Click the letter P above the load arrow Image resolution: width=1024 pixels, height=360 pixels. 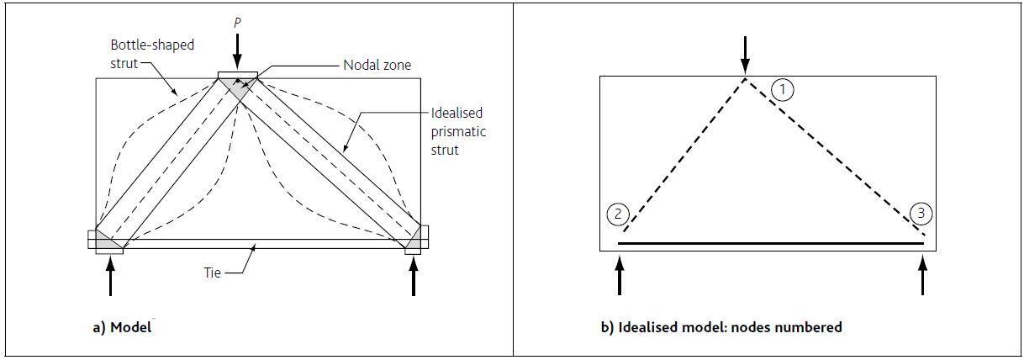click(237, 23)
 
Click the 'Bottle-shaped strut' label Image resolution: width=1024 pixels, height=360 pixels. click(140, 53)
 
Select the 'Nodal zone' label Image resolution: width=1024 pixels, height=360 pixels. click(372, 65)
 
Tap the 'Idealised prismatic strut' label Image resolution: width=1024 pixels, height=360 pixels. click(457, 131)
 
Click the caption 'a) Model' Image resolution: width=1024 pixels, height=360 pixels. click(122, 328)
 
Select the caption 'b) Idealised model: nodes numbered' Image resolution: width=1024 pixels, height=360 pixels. click(720, 328)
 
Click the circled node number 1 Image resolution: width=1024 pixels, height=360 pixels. click(782, 89)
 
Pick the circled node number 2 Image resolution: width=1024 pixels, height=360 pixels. click(618, 214)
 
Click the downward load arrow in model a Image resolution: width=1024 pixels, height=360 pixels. click(238, 52)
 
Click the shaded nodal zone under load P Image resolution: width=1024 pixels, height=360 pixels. click(238, 86)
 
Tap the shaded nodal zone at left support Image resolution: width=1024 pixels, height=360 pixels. click(104, 241)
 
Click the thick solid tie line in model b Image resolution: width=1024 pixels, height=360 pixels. click(770, 243)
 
